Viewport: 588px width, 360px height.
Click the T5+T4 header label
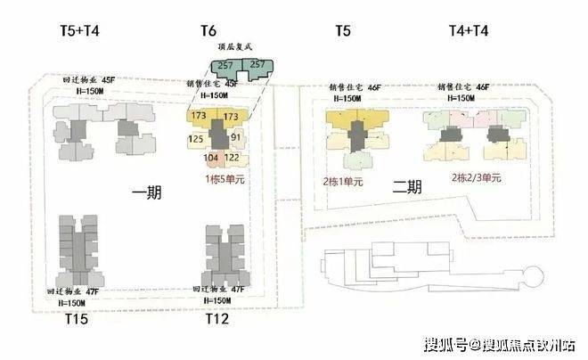click(73, 33)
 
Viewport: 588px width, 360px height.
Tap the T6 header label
click(208, 33)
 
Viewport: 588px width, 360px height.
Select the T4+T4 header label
click(469, 33)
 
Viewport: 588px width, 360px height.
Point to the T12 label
click(217, 318)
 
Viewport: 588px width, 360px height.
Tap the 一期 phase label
click(147, 192)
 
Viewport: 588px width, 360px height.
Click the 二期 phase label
click(406, 188)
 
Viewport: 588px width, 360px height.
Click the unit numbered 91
click(236, 138)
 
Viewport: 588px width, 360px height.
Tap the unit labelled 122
click(232, 158)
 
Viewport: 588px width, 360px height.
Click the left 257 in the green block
click(226, 65)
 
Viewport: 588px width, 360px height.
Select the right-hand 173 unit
click(230, 117)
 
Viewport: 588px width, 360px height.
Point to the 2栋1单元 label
click(343, 181)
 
